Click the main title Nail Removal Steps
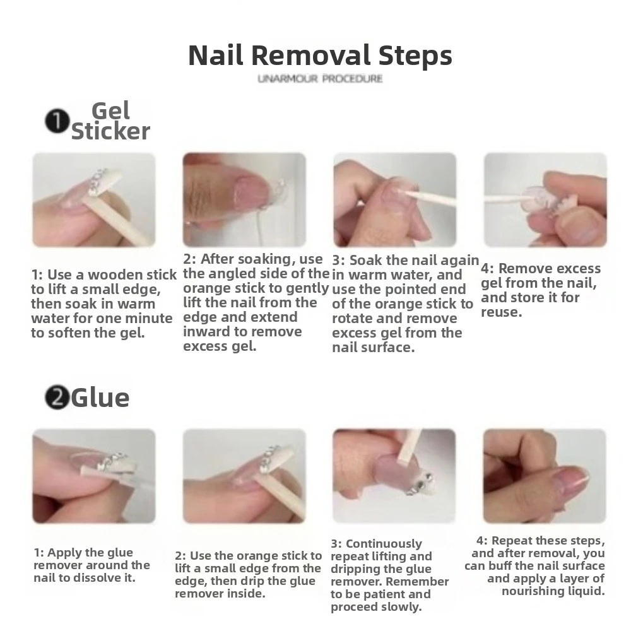[x=321, y=56]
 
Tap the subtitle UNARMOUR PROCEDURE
[x=320, y=79]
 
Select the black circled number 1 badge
[x=57, y=122]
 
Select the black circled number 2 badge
[x=57, y=397]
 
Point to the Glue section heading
[x=100, y=398]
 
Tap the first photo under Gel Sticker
[x=94, y=199]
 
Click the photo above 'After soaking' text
[x=244, y=199]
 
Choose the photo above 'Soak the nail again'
[x=395, y=199]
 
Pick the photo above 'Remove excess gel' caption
[x=545, y=199]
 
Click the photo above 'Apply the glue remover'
[x=94, y=476]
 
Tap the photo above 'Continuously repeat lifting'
[x=394, y=476]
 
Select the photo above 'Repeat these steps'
[x=545, y=476]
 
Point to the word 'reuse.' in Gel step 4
[x=502, y=312]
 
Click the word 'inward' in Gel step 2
[x=204, y=332]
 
